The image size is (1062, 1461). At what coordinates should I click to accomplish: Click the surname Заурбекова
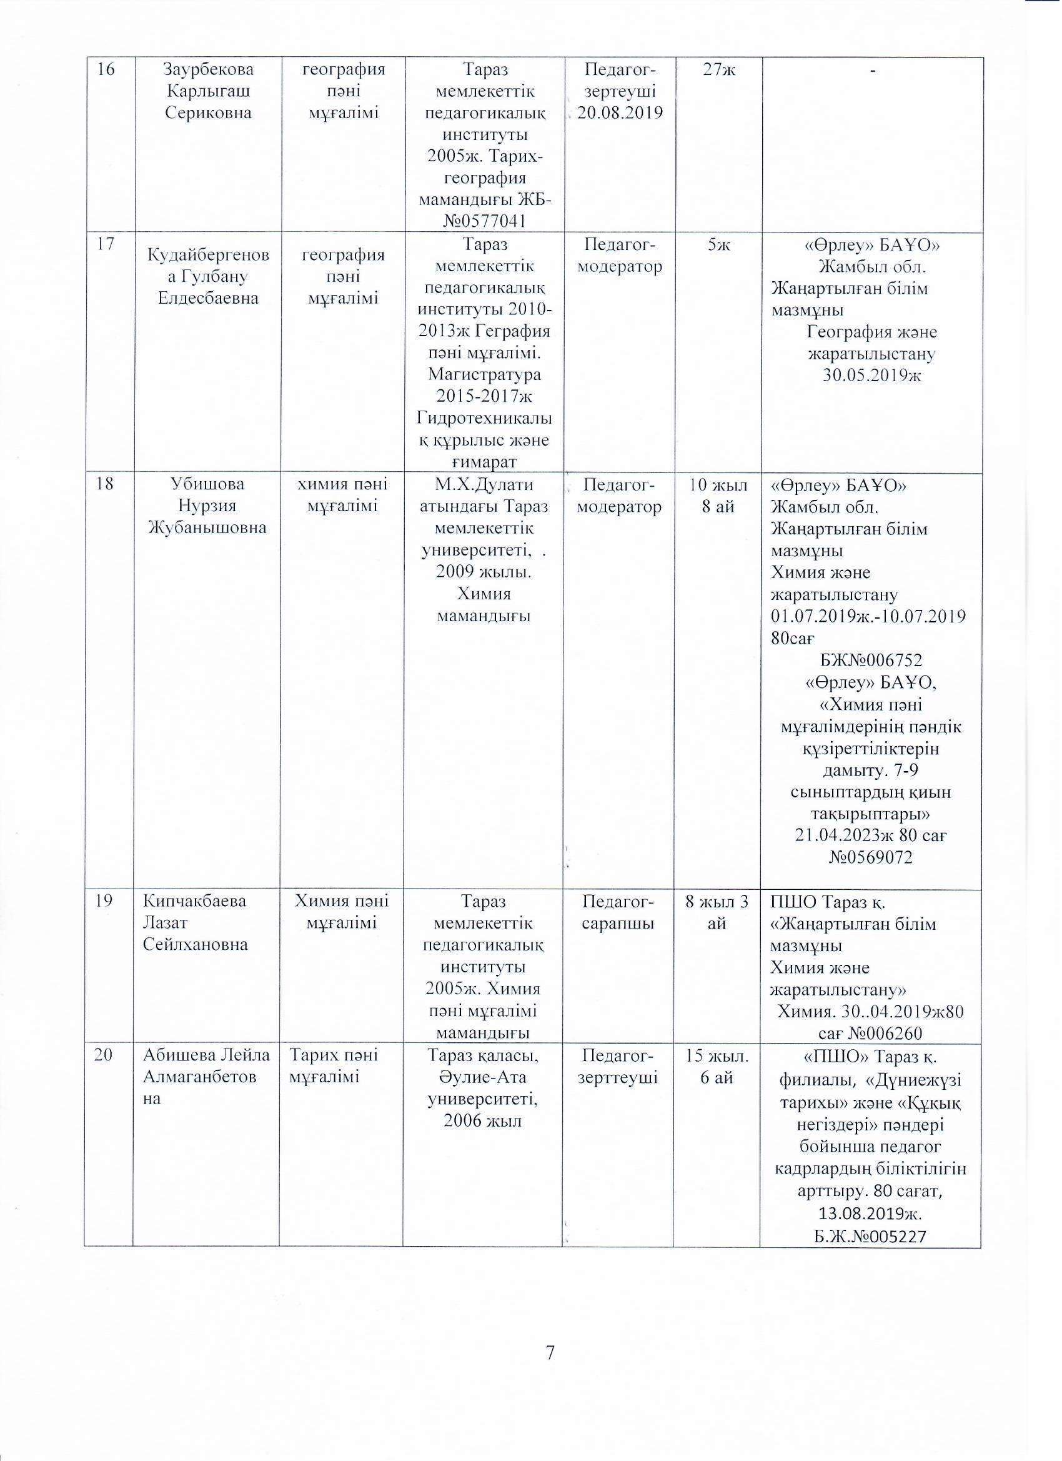(208, 70)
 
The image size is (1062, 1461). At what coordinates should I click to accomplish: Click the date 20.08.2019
(620, 112)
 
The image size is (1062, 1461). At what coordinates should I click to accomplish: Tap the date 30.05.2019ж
(872, 376)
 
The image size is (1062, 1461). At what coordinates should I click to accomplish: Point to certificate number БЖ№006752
(872, 661)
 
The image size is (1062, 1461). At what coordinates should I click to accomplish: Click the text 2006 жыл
(483, 1122)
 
